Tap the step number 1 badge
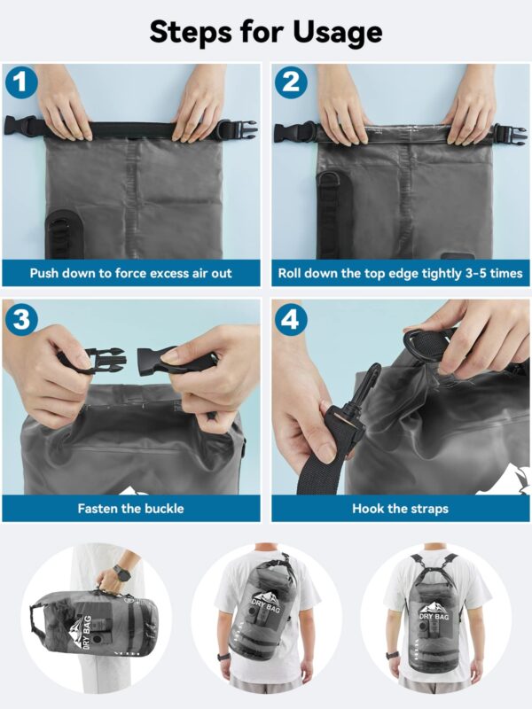click(x=21, y=83)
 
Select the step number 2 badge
click(x=290, y=83)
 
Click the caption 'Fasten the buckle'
click(x=131, y=509)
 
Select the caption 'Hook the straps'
click(x=400, y=509)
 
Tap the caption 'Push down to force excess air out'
click(x=131, y=273)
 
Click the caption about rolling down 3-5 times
click(x=400, y=273)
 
